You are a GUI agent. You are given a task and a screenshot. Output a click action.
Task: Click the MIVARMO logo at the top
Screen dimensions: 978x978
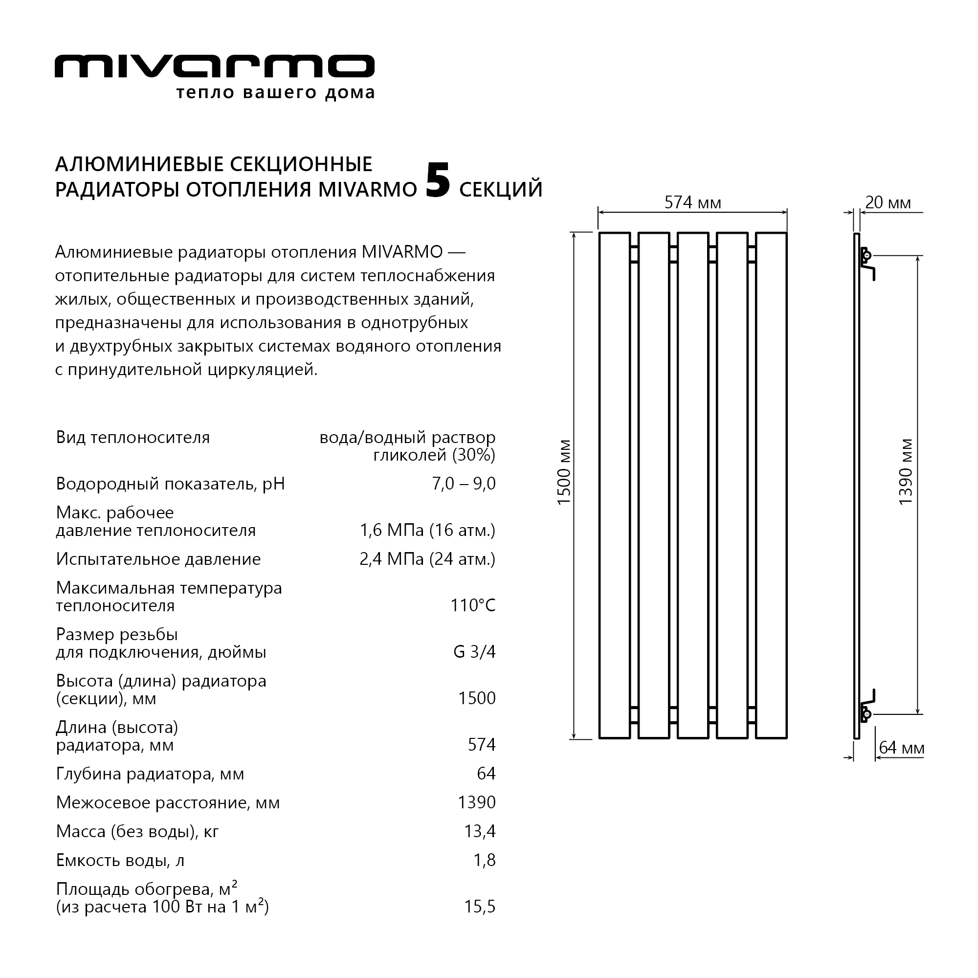[214, 67]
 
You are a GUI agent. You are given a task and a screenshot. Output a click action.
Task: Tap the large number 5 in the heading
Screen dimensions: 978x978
[437, 181]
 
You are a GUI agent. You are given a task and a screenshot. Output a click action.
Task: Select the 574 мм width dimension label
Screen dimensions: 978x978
[692, 203]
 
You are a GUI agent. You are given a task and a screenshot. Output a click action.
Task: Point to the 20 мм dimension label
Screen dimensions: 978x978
[888, 203]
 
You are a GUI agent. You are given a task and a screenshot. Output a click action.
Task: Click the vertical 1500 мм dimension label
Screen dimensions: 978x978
[563, 472]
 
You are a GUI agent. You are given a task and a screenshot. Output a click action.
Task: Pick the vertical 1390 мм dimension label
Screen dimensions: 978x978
[906, 472]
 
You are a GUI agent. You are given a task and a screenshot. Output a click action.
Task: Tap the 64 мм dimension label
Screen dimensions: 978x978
[902, 748]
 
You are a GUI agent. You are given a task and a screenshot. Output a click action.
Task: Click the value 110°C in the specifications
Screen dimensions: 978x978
[473, 605]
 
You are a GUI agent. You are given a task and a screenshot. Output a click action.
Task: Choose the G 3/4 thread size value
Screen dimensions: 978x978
[474, 651]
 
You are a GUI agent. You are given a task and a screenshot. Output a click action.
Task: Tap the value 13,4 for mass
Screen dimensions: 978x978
[480, 831]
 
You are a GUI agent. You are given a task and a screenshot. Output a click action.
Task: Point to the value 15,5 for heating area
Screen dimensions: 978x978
[480, 907]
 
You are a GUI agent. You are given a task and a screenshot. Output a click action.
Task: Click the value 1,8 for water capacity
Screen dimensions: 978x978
[485, 860]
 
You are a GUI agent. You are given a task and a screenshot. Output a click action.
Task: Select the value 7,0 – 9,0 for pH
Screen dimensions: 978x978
[464, 484]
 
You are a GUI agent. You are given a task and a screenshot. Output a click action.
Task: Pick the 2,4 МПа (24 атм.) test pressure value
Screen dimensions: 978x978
[427, 559]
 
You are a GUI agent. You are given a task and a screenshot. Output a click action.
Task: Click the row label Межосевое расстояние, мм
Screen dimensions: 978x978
[168, 802]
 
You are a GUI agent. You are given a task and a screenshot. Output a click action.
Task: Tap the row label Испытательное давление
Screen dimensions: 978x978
[158, 559]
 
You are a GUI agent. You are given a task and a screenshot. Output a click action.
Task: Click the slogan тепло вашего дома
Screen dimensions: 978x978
[275, 93]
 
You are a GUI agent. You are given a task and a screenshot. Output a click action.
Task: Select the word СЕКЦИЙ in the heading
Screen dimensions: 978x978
[501, 189]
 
